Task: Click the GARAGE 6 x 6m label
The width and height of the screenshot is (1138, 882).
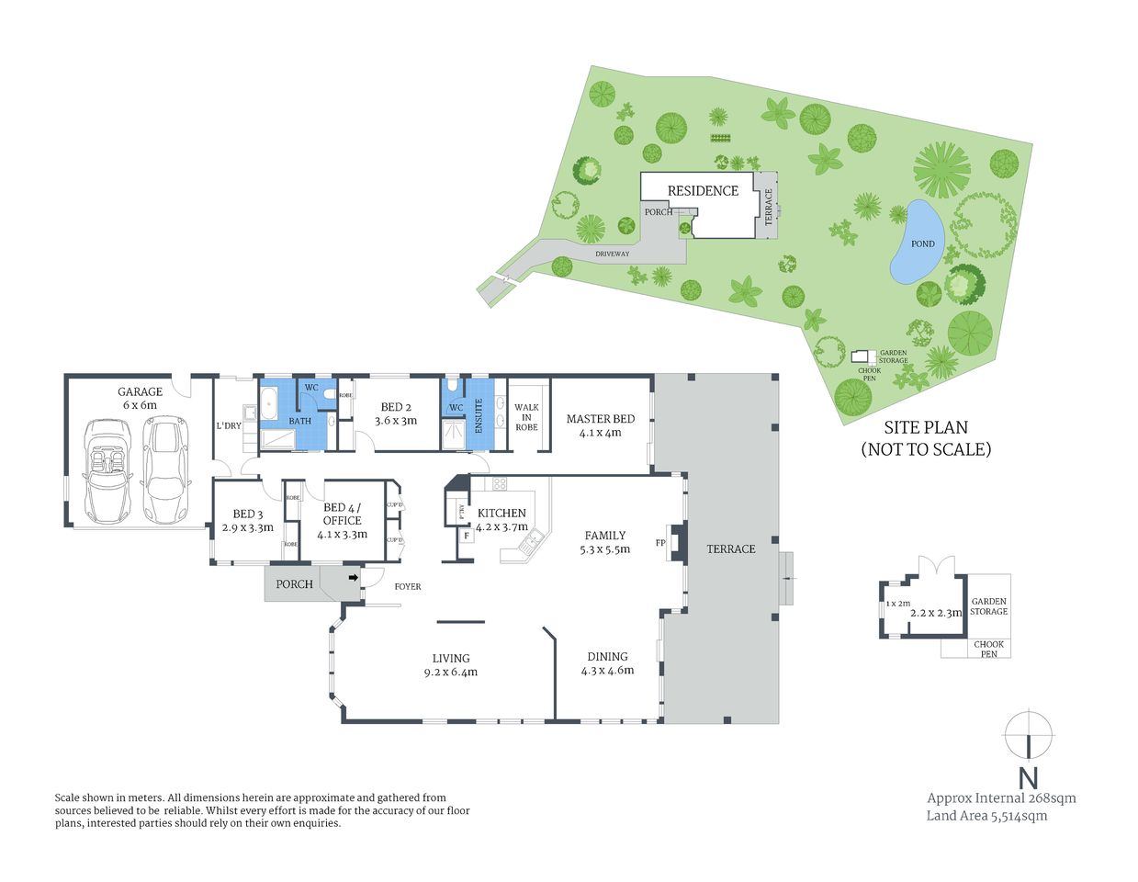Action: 140,398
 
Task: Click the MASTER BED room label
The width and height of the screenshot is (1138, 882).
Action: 600,425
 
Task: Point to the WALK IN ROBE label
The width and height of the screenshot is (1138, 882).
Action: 526,417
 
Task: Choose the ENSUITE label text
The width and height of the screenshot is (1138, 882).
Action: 479,416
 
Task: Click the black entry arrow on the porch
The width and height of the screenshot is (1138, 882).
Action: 354,578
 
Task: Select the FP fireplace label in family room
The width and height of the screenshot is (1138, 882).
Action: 659,542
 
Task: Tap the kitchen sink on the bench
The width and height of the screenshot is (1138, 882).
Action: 526,547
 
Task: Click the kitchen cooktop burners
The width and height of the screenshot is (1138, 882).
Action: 500,483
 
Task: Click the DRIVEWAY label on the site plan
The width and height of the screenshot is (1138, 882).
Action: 612,254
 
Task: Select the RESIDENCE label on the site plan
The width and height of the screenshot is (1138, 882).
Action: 703,191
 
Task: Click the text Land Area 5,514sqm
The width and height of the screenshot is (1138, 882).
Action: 986,816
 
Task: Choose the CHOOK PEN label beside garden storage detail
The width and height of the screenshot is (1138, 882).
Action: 988,649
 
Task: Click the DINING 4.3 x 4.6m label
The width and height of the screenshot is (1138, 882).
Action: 607,663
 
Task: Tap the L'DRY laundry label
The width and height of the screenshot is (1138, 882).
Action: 229,425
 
